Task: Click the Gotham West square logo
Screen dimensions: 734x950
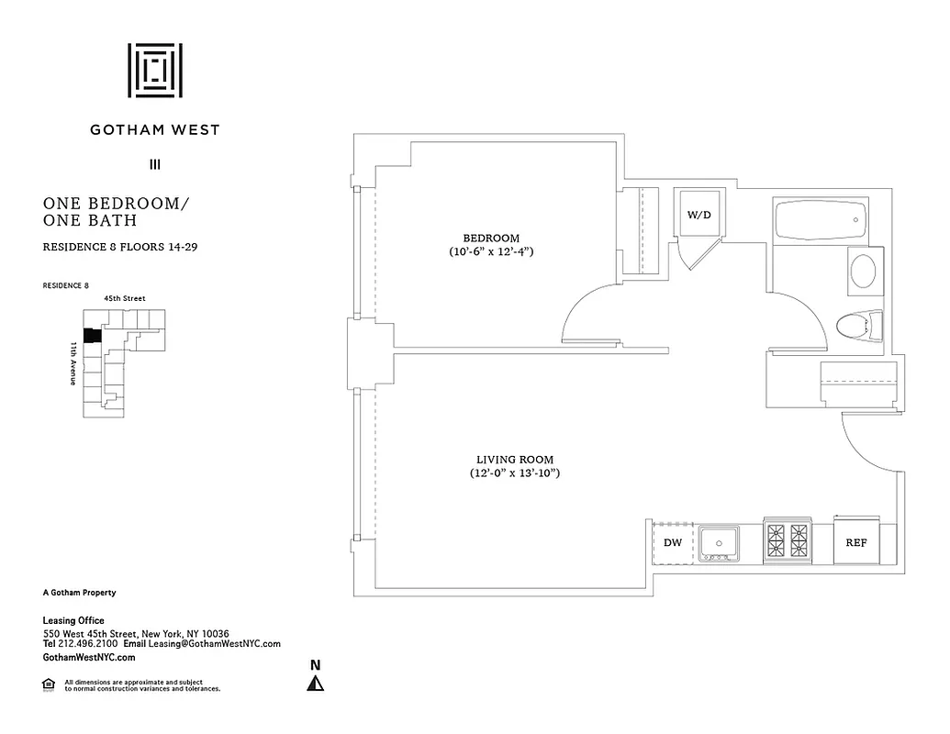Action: pyautogui.click(x=155, y=70)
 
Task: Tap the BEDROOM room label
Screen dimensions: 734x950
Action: pyautogui.click(x=491, y=238)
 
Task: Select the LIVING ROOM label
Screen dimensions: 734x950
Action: pyautogui.click(x=515, y=460)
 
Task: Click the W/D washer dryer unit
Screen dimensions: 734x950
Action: pyautogui.click(x=699, y=215)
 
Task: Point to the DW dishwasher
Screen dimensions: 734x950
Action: pyautogui.click(x=673, y=542)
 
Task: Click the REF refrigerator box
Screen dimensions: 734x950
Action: pyautogui.click(x=855, y=542)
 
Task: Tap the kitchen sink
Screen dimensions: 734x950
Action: pyautogui.click(x=719, y=543)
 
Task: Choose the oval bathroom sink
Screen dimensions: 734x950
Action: pyautogui.click(x=863, y=271)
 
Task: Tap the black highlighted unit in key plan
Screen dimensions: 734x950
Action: pyautogui.click(x=91, y=337)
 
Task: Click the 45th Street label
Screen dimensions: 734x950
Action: pyautogui.click(x=124, y=298)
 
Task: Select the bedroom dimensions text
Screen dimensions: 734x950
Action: pyautogui.click(x=491, y=251)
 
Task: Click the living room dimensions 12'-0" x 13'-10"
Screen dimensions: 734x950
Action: pyautogui.click(x=515, y=473)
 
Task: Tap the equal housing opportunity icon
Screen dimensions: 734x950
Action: pyautogui.click(x=49, y=684)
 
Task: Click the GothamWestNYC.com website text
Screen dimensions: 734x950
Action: pyautogui.click(x=89, y=657)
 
